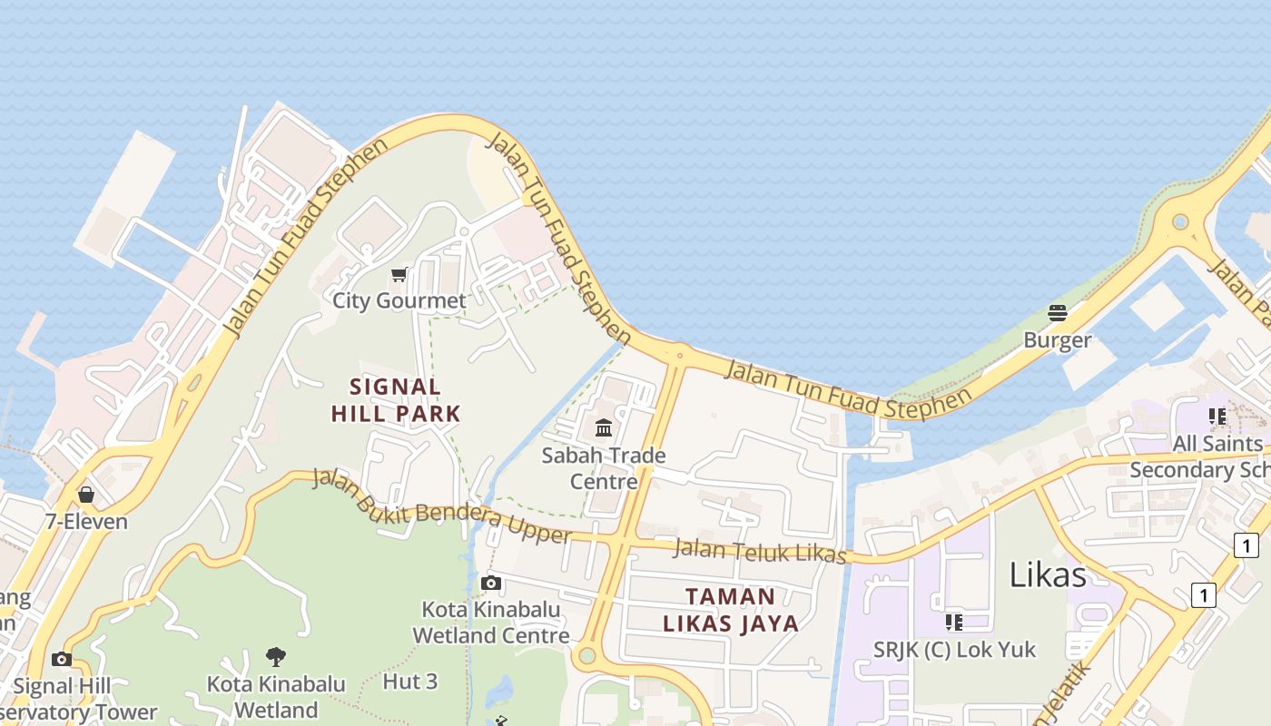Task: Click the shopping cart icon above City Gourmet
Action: pos(399,274)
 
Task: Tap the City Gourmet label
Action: pos(399,300)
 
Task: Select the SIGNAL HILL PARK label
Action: pos(396,400)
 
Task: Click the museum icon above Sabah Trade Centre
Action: pos(604,427)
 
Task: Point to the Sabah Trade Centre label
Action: pos(604,467)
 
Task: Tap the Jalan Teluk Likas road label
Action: pos(761,552)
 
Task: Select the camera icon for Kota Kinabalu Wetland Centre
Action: pos(491,583)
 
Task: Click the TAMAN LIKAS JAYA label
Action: pos(731,610)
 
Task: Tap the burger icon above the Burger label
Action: pos(1058,313)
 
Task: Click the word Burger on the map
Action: pos(1058,340)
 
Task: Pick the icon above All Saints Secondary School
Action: pos(1217,417)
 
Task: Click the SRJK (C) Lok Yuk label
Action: pos(954,650)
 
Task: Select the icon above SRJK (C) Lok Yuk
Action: pos(954,622)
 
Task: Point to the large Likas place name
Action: pos(1048,574)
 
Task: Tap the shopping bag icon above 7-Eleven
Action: pos(86,495)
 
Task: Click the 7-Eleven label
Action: pos(86,522)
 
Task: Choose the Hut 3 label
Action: pos(410,681)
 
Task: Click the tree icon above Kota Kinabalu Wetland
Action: pos(276,655)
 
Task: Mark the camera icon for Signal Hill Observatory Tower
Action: pos(62,659)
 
